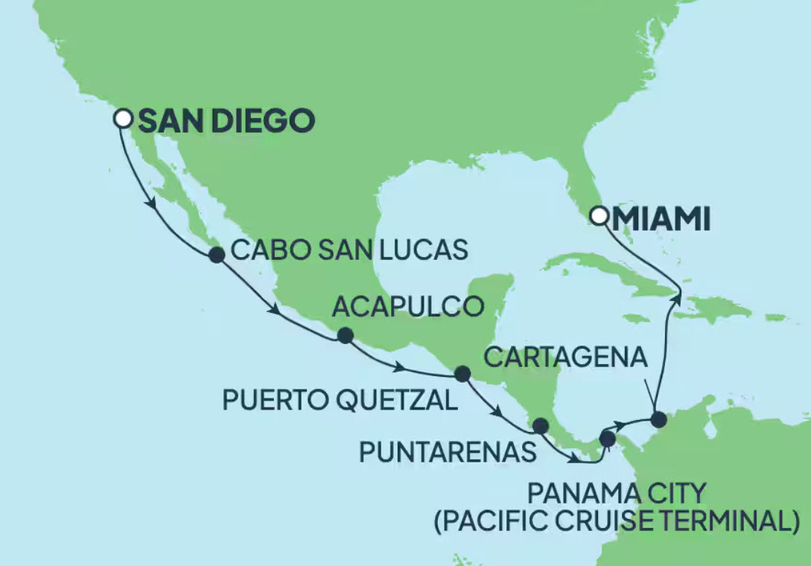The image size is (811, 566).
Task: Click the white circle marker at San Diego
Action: (124, 118)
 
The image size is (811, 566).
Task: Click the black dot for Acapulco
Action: (345, 336)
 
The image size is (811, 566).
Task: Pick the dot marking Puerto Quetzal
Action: (462, 374)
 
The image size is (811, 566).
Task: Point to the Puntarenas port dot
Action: (540, 426)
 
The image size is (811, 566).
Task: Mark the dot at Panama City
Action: (608, 439)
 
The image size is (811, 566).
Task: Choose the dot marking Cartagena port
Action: (658, 420)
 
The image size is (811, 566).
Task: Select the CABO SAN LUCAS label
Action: (349, 249)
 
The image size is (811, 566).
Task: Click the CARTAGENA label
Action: (564, 358)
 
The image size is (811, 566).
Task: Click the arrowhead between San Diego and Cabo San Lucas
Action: (154, 205)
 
